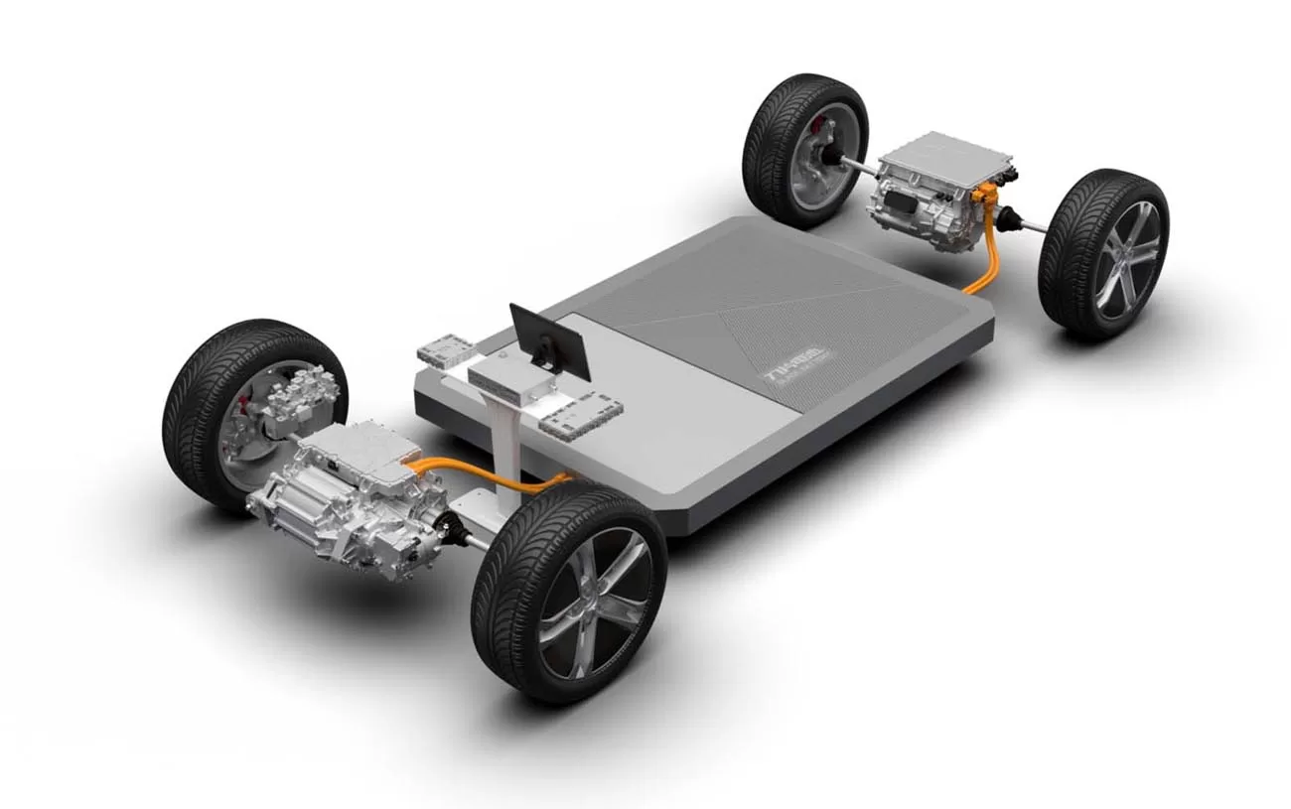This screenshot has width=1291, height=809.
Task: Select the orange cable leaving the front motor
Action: click(467, 472)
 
